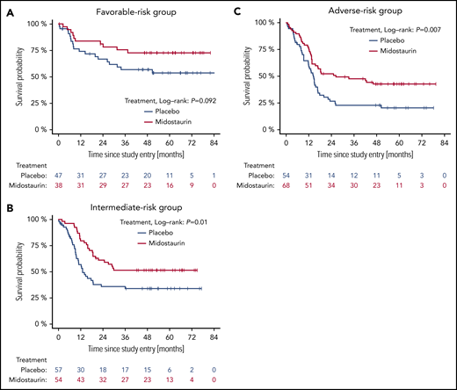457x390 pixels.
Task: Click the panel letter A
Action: pos(6,8)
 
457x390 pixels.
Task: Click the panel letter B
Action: pos(6,208)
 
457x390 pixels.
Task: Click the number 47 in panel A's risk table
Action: pos(58,177)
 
